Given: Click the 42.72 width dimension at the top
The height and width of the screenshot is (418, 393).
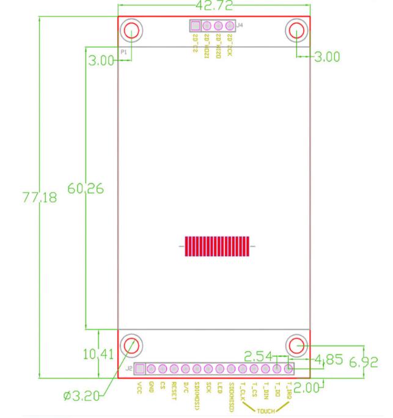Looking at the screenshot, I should point(213,5).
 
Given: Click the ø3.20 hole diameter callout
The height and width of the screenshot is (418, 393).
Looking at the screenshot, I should point(81,397).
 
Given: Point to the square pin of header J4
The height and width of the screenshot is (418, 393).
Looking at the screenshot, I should point(196,26).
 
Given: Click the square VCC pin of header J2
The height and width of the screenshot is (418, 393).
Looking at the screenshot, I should point(140,369).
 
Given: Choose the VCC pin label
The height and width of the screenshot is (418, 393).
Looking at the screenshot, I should point(140,387).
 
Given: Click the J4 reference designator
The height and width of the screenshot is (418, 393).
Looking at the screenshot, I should point(240,26).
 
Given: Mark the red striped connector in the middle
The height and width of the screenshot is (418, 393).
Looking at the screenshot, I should point(218,246).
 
